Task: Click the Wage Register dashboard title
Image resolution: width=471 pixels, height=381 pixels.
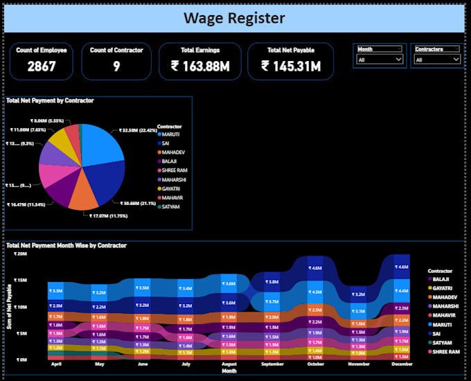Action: point(234,17)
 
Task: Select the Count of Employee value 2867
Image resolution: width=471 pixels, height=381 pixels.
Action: point(42,67)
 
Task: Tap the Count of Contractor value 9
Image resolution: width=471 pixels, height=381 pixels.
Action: point(117,67)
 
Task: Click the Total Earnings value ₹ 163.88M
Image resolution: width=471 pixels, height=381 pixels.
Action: point(200,67)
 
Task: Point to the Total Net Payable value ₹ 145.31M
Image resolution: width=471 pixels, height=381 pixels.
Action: point(291,67)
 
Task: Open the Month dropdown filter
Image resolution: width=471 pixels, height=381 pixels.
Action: point(379,60)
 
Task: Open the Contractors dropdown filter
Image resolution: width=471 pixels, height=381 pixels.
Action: point(437,60)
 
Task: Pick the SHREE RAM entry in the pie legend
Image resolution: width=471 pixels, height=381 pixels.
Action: point(175,170)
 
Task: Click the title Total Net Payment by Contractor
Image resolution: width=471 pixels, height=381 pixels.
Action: point(50,100)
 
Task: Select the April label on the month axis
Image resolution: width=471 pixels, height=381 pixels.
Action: point(56,364)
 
